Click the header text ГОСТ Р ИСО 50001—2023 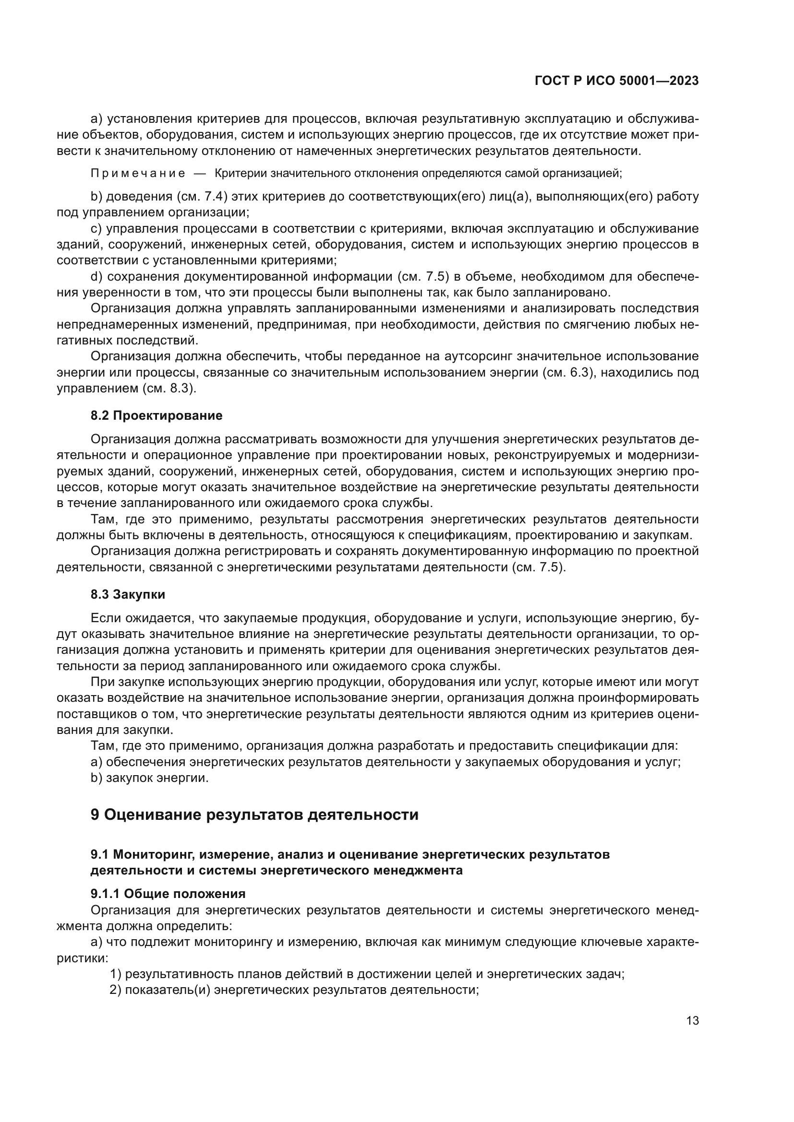coord(616,81)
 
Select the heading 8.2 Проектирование coord(156,415)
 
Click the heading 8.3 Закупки coord(128,594)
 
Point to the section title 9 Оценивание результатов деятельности coord(254,815)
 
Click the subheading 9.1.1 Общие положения coord(168,894)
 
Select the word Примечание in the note coord(138,173)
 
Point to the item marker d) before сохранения coord(96,277)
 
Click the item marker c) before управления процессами coord(96,229)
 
